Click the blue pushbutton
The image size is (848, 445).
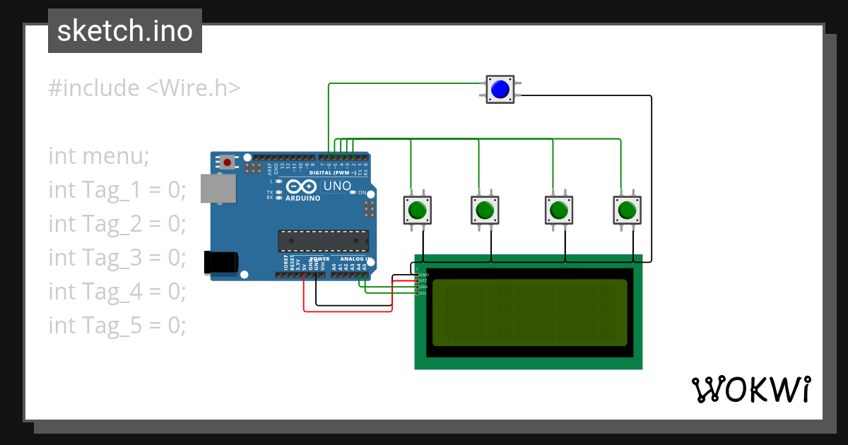500,89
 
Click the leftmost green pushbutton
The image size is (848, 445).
418,210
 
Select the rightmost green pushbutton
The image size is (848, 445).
626,210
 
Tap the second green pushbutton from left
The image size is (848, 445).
485,210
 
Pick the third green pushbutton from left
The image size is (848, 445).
559,210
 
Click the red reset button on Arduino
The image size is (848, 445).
227,162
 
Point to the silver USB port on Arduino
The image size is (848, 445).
218,189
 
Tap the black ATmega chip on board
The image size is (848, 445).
322,241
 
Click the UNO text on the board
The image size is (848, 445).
337,186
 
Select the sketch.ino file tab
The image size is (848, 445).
125,31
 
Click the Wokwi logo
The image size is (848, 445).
750,389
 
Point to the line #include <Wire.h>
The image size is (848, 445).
145,88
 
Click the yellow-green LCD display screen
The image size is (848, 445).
529,312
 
